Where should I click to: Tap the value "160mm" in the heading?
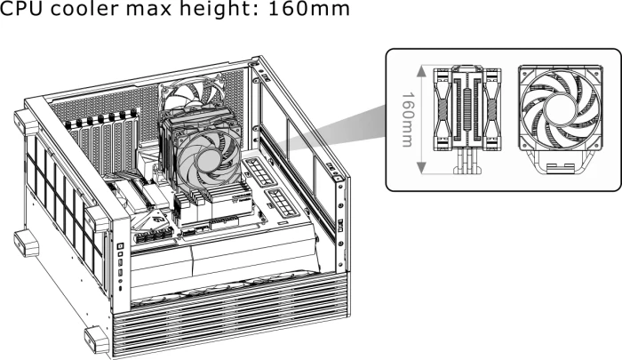[309, 8]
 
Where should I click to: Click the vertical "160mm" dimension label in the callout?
[407, 120]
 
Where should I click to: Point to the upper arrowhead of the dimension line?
[422, 71]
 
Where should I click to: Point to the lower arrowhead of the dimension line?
[422, 168]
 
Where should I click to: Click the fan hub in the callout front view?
[560, 108]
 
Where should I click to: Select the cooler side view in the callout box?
[466, 119]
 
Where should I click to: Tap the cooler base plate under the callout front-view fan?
[561, 168]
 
